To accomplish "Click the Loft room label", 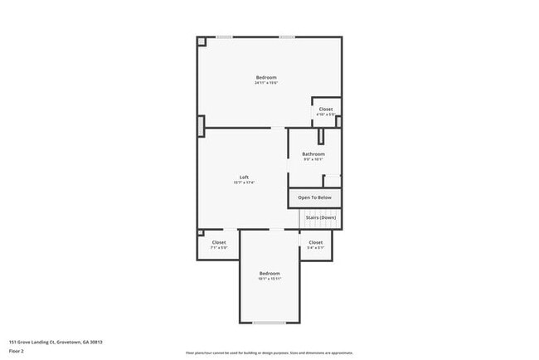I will (x=245, y=178).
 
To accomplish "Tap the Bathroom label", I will (x=313, y=154).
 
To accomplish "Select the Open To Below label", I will (x=315, y=197).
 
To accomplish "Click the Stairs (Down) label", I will (x=321, y=217).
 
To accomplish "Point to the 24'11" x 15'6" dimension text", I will (x=265, y=83).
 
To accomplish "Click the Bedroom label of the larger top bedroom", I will (x=265, y=77).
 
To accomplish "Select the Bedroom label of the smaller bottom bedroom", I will (x=269, y=273).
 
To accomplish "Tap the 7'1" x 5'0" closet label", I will (x=218, y=247).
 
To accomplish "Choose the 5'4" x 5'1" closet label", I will (x=316, y=247).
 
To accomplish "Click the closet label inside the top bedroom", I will (x=326, y=109).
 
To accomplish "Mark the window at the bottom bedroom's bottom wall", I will (x=269, y=323).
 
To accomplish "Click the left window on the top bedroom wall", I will (x=225, y=36).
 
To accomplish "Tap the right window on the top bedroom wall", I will (x=287, y=36).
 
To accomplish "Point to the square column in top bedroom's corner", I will (x=201, y=41).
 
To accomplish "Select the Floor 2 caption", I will (x=17, y=351).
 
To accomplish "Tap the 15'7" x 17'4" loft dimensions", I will (x=245, y=183).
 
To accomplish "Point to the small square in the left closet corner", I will (x=201, y=233).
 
